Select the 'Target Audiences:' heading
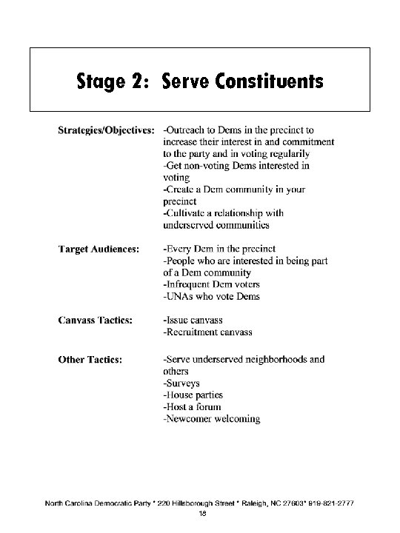click(98, 249)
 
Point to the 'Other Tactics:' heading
click(91, 360)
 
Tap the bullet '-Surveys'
click(182, 383)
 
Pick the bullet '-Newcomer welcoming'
click(211, 419)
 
